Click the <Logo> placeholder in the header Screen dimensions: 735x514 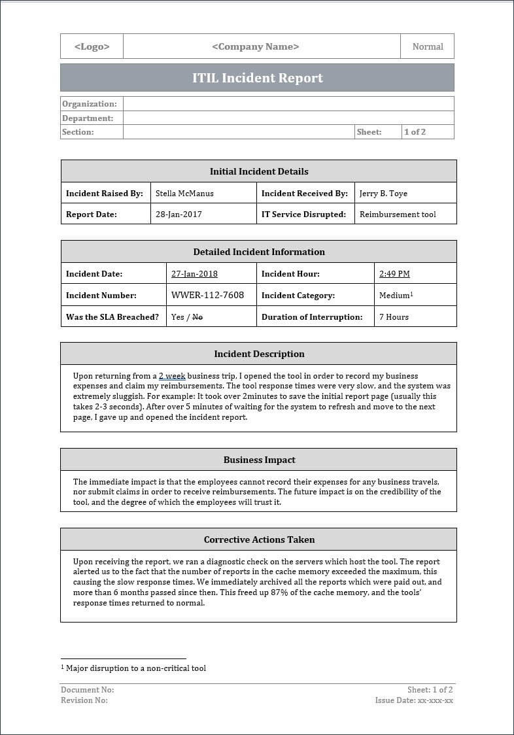pyautogui.click(x=92, y=46)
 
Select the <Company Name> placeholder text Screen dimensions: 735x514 pyautogui.click(x=256, y=46)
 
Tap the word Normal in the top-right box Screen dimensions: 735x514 pyautogui.click(x=428, y=46)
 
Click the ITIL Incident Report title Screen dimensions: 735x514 pyautogui.click(x=258, y=78)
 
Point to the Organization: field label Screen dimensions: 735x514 pyautogui.click(x=90, y=104)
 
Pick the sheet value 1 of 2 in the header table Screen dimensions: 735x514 pyautogui.click(x=415, y=132)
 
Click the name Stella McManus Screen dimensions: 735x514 pyautogui.click(x=184, y=194)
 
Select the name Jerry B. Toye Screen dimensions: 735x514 pyautogui.click(x=383, y=194)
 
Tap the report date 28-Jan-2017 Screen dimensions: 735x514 pyautogui.click(x=179, y=214)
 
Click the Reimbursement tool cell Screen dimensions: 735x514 pyautogui.click(x=398, y=214)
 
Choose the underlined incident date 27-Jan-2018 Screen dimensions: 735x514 pyautogui.click(x=194, y=274)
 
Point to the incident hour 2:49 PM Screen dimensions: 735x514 pyautogui.click(x=394, y=274)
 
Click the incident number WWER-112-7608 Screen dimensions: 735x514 pyautogui.click(x=207, y=295)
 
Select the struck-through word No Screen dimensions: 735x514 pyautogui.click(x=197, y=317)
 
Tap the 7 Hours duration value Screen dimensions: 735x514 pyautogui.click(x=394, y=317)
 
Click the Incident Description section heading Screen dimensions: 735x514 pyautogui.click(x=259, y=354)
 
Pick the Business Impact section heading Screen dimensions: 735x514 pyautogui.click(x=259, y=460)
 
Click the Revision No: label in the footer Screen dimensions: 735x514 pyautogui.click(x=84, y=700)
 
